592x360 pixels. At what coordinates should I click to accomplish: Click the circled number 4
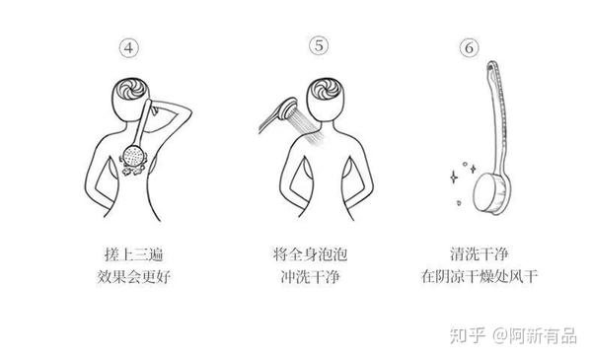pos(128,48)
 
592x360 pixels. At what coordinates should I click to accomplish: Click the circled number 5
pos(319,45)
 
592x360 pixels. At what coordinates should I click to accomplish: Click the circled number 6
pos(469,48)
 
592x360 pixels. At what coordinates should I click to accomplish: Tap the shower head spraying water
pos(288,108)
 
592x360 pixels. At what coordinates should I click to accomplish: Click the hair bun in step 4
pos(131,89)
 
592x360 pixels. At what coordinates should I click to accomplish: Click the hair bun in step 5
pos(325,89)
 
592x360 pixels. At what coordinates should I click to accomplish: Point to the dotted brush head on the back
pos(133,156)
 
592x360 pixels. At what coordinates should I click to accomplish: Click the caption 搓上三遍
pos(133,253)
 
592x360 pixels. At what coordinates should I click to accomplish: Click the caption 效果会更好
pos(133,276)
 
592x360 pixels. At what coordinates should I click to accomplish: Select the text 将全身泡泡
pos(310,253)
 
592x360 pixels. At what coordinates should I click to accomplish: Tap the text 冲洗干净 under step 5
pos(310,276)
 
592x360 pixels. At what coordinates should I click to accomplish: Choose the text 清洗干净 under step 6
pos(480,253)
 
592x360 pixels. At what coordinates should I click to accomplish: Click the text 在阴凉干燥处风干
pos(480,276)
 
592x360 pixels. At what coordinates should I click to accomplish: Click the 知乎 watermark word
pos(467,335)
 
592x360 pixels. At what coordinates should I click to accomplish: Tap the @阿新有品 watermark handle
pos(534,335)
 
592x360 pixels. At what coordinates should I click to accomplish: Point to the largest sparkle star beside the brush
pos(454,177)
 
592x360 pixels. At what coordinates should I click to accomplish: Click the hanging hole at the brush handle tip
pos(490,68)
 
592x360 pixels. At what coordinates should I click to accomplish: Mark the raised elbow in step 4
pos(187,111)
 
